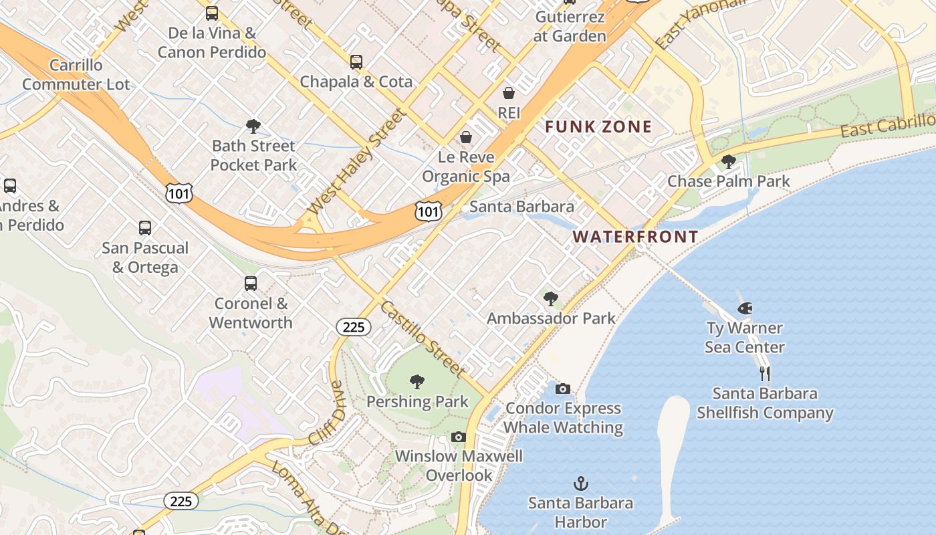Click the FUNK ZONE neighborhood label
598,127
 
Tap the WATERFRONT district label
635,236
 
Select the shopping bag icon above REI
509,93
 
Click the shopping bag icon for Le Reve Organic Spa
466,137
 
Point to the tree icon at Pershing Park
417,382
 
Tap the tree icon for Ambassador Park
551,299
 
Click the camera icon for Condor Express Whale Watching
563,389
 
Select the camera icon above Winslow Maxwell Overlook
458,437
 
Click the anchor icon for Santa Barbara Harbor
581,483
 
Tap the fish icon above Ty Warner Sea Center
744,308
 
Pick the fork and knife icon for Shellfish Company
765,373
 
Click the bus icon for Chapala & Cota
356,62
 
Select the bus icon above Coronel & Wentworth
251,284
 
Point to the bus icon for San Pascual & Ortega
145,228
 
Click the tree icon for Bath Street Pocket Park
253,126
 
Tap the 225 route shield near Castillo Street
353,326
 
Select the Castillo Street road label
423,338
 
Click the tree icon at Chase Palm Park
729,162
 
